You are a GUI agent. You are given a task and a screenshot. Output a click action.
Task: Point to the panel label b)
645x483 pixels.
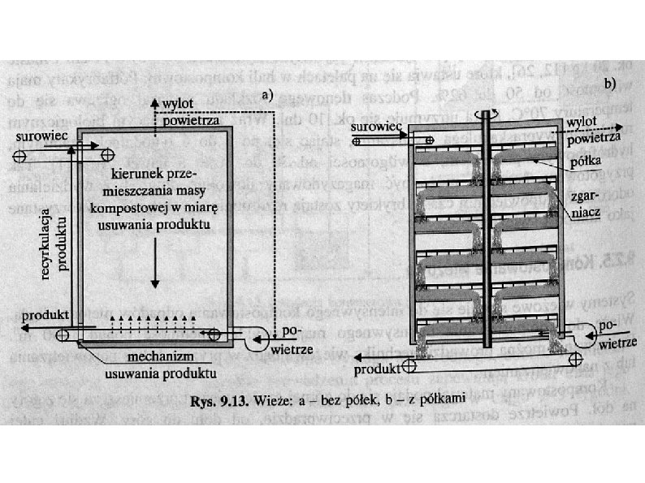[x=608, y=84]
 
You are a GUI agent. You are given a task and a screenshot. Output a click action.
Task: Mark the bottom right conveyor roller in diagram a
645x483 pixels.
[x=214, y=334]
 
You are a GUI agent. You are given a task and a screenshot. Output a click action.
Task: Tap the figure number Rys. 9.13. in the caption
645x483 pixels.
[x=217, y=399]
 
